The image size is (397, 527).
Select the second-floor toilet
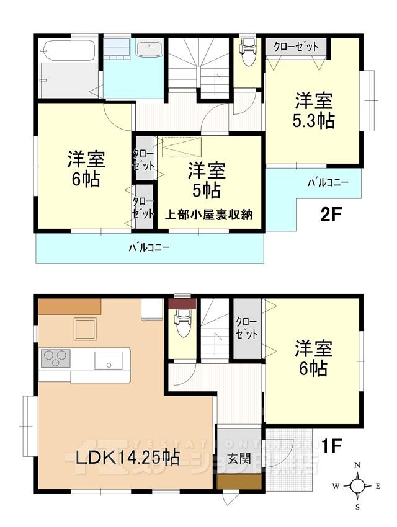click(x=248, y=52)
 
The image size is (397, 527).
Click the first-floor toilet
click(x=183, y=324)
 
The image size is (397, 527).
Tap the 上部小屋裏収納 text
click(x=208, y=215)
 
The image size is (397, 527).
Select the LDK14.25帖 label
click(x=128, y=458)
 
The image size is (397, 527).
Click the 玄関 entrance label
click(x=239, y=459)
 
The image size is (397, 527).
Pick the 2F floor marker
click(x=331, y=215)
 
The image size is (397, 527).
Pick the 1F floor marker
click(x=332, y=445)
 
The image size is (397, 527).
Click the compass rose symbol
click(x=357, y=485)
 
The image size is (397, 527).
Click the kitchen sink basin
click(x=108, y=360)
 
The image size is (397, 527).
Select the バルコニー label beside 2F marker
click(x=328, y=183)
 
